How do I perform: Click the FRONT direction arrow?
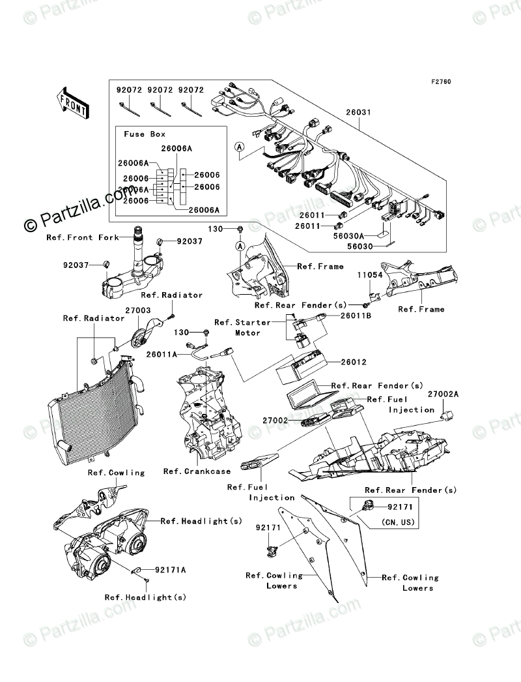[72, 102]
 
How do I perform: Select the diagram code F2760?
[440, 82]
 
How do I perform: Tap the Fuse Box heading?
[145, 134]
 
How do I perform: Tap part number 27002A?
[443, 394]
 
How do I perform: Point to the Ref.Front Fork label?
[83, 238]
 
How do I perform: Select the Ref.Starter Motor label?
[238, 327]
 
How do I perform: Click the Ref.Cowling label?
[118, 472]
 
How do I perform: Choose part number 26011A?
[162, 355]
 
